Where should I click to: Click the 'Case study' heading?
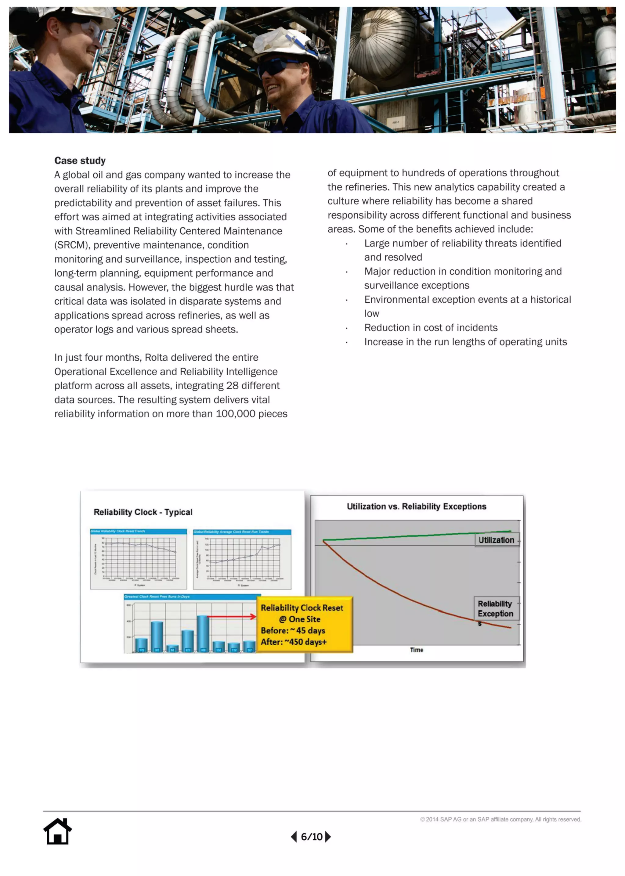click(80, 160)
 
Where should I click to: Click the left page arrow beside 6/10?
click(294, 836)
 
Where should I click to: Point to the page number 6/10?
click(311, 837)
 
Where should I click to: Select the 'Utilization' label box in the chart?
click(496, 540)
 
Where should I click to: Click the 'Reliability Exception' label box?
click(496, 608)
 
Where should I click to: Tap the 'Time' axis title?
click(416, 650)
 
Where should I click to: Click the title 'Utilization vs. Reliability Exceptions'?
click(416, 506)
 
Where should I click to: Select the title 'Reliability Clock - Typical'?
click(143, 512)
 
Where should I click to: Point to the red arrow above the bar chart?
click(231, 617)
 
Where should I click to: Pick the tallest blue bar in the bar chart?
click(203, 633)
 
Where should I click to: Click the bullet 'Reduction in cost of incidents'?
click(431, 327)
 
